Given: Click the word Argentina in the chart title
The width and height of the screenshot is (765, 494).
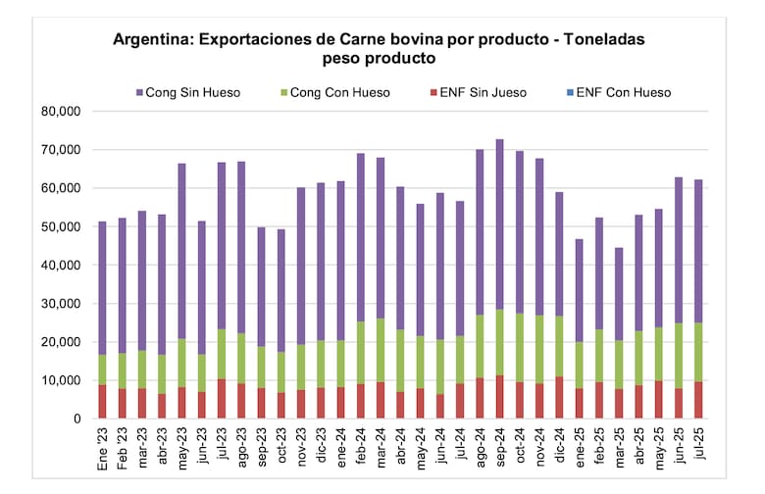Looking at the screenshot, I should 153,40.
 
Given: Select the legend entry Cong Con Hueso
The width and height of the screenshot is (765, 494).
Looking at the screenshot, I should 339,93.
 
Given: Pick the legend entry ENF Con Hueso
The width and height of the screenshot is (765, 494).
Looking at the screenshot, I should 623,93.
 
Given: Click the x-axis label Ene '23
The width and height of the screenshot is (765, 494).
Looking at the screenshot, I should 103,445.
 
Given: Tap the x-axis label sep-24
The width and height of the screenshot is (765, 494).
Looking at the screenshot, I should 500,446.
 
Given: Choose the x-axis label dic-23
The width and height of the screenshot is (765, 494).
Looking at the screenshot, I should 322,446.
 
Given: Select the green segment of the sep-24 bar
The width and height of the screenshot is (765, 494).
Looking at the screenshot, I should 499,342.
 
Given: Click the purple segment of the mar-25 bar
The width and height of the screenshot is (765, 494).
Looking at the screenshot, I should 619,294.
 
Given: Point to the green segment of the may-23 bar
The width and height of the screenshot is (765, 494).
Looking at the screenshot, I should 181,362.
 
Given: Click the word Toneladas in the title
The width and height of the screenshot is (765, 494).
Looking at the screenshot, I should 592,40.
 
